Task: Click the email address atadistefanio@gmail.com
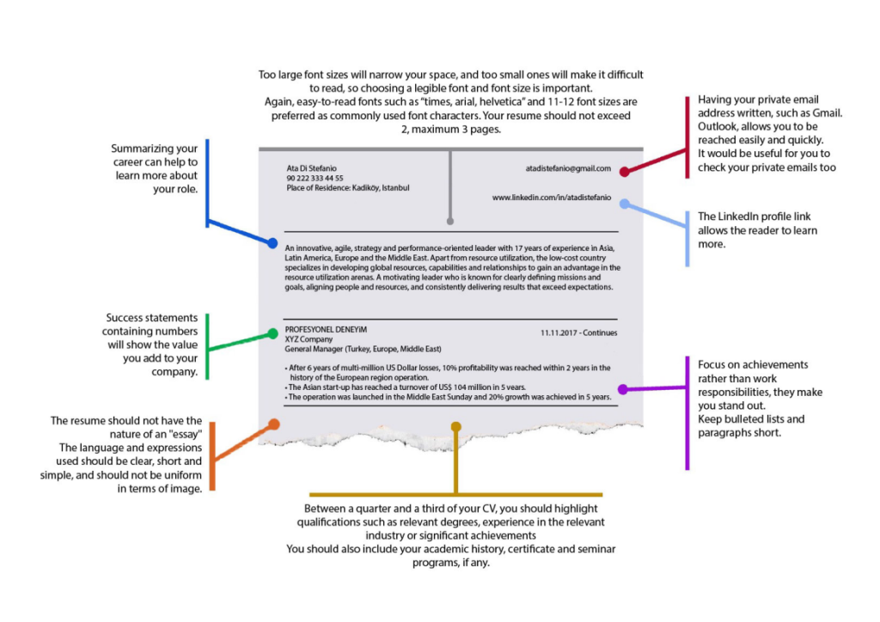[568, 168]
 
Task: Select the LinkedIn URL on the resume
[552, 198]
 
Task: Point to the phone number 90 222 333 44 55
[315, 178]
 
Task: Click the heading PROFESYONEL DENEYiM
[326, 330]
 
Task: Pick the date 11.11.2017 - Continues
[578, 332]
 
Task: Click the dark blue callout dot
[272, 243]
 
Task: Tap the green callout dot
[272, 333]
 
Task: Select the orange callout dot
[274, 424]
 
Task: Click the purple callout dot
[622, 389]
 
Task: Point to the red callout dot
[624, 172]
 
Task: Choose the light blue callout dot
[624, 204]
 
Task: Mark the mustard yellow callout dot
[455, 427]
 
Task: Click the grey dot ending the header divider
[450, 222]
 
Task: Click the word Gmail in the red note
[827, 113]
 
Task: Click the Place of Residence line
[348, 188]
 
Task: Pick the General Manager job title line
[364, 349]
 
